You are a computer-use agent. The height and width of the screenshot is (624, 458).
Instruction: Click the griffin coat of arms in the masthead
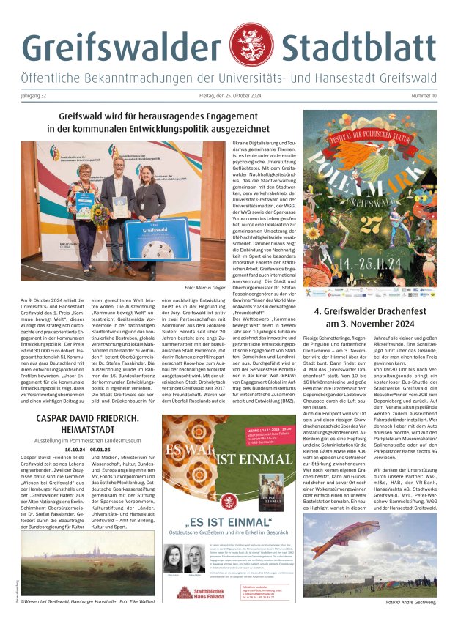click(x=250, y=46)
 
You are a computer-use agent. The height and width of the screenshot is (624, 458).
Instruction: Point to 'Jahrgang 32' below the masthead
click(x=36, y=96)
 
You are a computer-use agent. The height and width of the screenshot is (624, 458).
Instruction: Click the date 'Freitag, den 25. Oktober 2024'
click(x=229, y=96)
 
